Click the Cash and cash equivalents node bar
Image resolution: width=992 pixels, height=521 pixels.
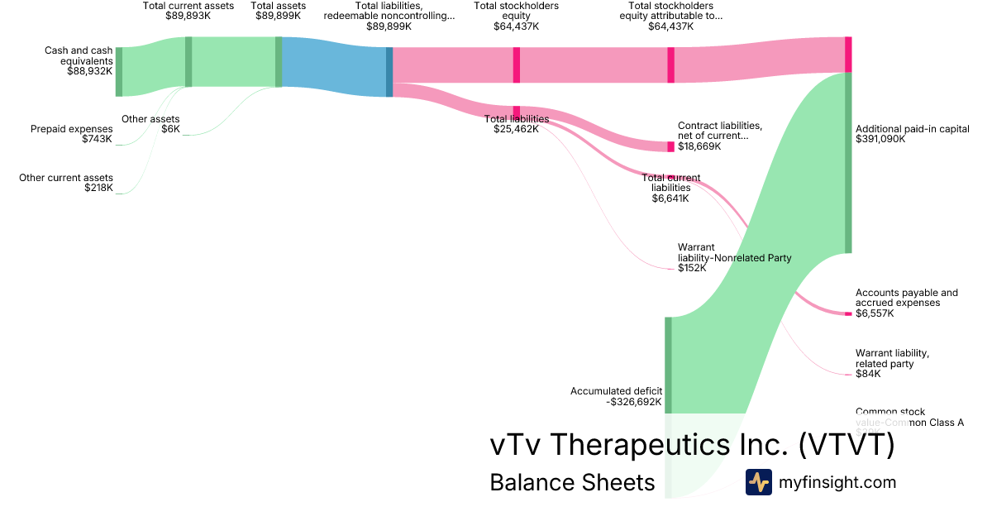119,72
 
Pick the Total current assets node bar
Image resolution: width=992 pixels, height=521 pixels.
188,61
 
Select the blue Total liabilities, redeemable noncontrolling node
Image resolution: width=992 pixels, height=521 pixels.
389,72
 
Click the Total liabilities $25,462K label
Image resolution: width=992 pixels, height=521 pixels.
517,124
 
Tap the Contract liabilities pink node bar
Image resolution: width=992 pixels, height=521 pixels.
670,146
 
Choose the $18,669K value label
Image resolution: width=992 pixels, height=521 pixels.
699,146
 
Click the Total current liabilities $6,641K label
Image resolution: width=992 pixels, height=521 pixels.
670,188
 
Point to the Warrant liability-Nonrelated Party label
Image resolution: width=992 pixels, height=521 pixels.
734,257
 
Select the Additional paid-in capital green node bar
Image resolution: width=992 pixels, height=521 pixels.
848,162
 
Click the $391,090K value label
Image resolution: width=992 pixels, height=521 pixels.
880,139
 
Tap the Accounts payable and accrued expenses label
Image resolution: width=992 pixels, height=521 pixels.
907,298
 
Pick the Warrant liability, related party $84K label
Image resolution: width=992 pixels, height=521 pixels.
892,364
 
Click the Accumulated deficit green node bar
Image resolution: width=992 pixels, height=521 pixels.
668,364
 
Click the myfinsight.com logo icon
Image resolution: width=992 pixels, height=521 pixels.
758,482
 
